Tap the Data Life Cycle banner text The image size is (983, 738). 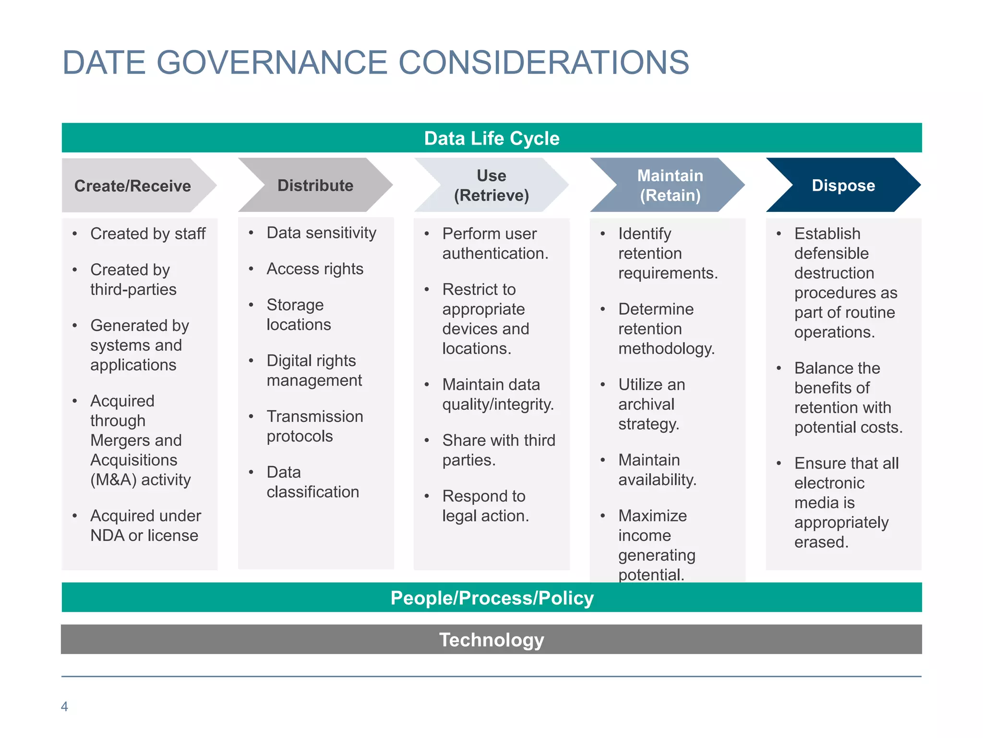tap(491, 138)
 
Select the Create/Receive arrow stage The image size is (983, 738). tap(132, 186)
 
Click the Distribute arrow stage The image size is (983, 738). tap(315, 185)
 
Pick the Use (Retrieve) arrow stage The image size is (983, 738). tap(491, 185)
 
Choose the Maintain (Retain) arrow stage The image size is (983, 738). tap(670, 185)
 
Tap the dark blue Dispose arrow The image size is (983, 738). tap(843, 185)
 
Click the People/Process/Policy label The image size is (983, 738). tap(492, 598)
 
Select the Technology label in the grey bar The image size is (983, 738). tap(491, 640)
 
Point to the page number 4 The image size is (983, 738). tap(64, 706)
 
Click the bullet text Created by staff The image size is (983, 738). tap(148, 234)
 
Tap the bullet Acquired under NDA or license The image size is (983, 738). tap(145, 526)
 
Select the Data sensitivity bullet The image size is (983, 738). tap(321, 233)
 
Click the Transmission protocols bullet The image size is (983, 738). tap(314, 426)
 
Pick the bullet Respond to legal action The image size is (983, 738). tap(485, 506)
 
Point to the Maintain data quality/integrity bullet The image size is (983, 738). tap(498, 394)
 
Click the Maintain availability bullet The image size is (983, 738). tap(657, 470)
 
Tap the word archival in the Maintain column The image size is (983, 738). tap(646, 405)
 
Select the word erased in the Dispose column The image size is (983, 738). tap(821, 542)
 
